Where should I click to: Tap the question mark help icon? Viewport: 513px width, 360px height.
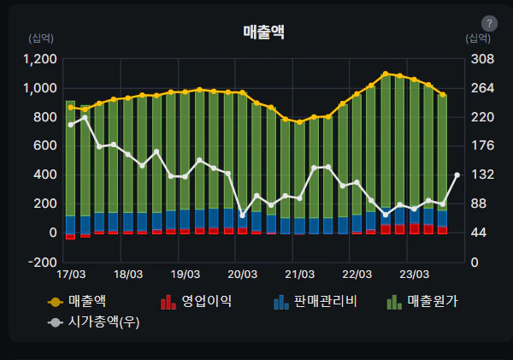pyautogui.click(x=489, y=24)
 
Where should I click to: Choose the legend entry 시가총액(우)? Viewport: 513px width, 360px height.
pyautogui.click(x=93, y=322)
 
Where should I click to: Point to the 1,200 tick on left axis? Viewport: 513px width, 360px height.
pyautogui.click(x=40, y=59)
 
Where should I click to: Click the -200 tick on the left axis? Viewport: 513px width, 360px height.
pyautogui.click(x=44, y=262)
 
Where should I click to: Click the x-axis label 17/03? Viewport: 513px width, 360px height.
pyautogui.click(x=71, y=274)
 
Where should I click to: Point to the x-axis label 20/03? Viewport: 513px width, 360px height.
pyautogui.click(x=242, y=274)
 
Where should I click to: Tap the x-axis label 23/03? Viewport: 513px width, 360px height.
pyautogui.click(x=414, y=274)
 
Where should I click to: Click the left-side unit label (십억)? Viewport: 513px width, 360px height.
pyautogui.click(x=41, y=38)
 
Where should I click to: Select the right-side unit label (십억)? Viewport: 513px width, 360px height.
pyautogui.click(x=478, y=38)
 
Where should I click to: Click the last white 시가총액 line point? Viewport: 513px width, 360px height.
pyautogui.click(x=457, y=174)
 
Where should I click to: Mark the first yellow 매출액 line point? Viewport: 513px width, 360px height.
pyautogui.click(x=71, y=107)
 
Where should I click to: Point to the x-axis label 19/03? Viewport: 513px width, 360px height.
pyautogui.click(x=185, y=274)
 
